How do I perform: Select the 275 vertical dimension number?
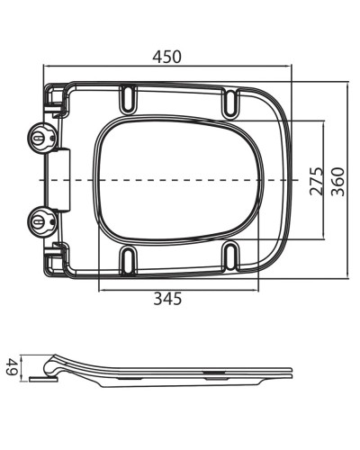(x=316, y=179)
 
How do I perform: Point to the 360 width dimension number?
(x=339, y=179)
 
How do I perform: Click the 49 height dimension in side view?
(x=12, y=366)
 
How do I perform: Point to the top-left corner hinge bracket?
(x=56, y=99)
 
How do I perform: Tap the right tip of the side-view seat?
(x=292, y=371)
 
